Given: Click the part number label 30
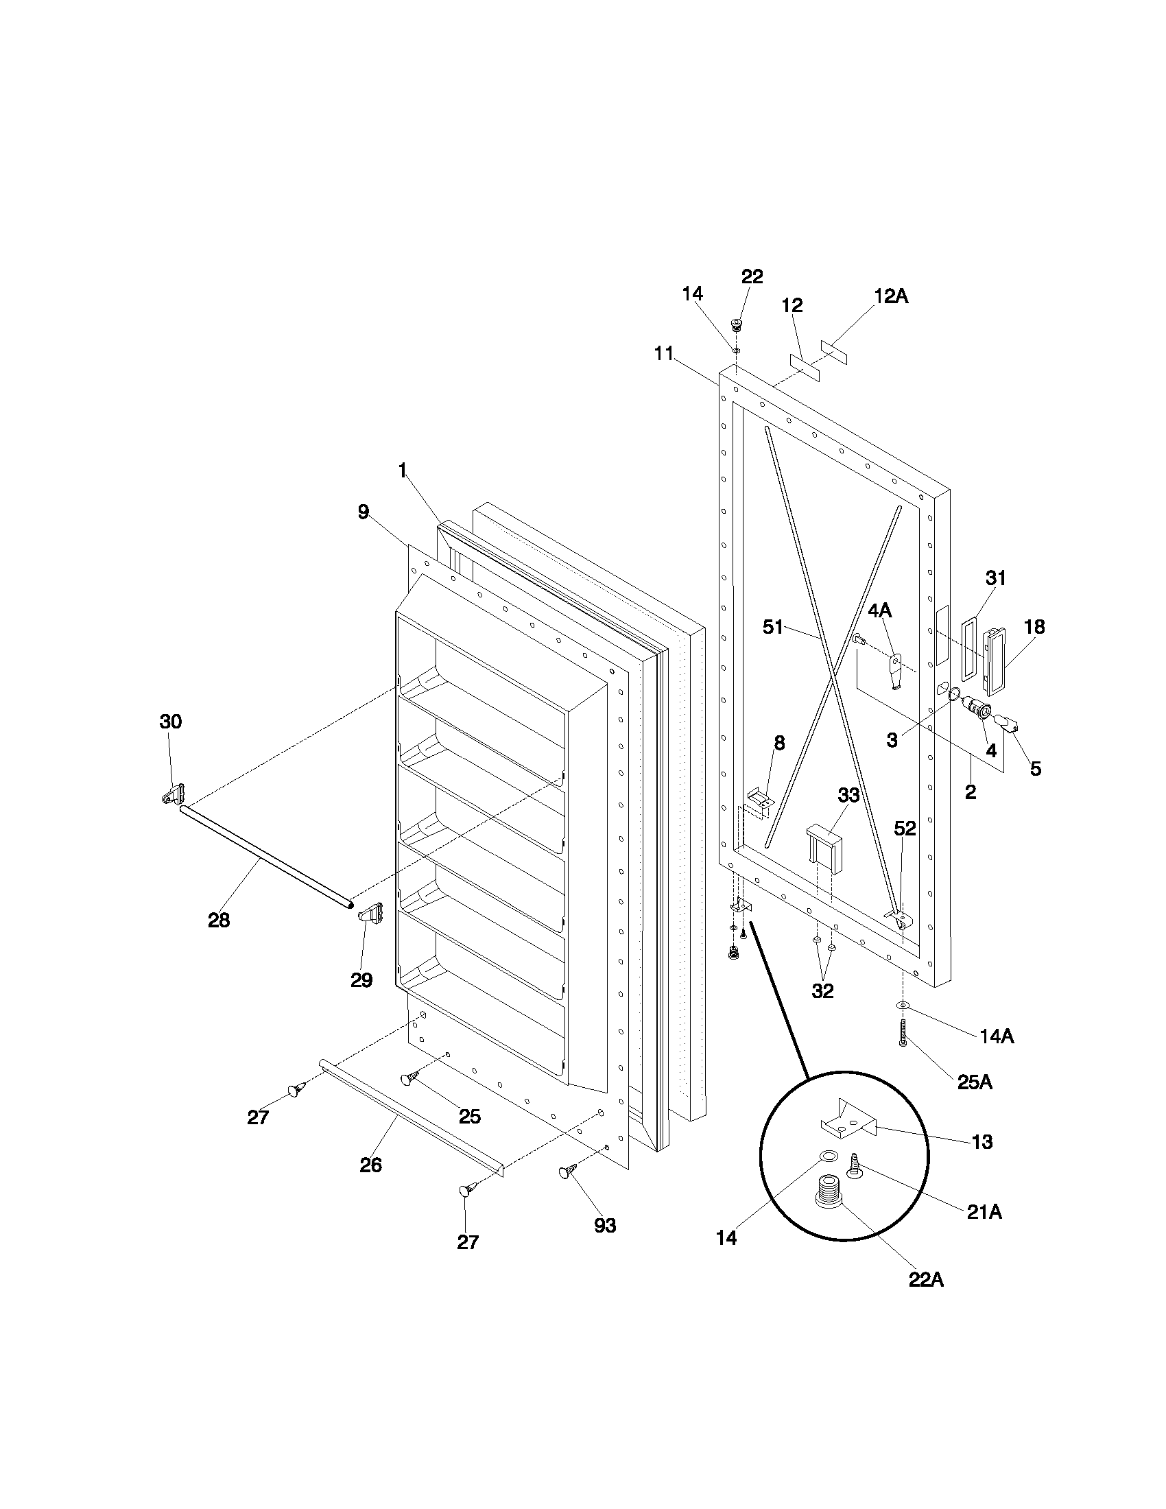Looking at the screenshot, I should point(171,722).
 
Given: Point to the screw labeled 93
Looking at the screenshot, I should point(568,1172).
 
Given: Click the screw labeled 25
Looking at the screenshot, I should point(409,1078).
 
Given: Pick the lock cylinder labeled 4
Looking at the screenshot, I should point(979,709).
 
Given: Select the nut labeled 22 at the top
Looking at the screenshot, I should point(737,324).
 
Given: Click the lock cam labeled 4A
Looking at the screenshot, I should point(896,670).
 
